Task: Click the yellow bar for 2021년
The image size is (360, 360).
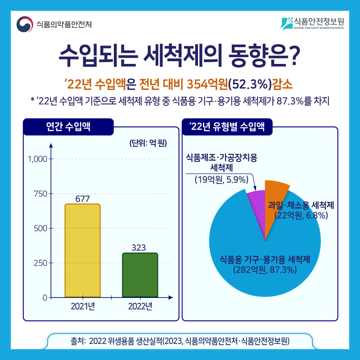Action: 82,251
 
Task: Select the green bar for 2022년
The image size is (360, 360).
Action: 140,275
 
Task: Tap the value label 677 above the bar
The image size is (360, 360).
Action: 82,198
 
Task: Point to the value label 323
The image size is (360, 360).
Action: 140,247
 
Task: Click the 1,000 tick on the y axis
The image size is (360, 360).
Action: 37,159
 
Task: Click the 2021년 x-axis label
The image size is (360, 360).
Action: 82,307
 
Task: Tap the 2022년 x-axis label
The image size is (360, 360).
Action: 140,307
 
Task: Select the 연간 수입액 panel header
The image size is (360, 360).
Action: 68,126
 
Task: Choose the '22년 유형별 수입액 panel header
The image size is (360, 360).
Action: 227,126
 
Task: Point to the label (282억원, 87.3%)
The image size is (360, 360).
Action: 264,270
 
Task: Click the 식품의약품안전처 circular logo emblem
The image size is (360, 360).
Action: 25,24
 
